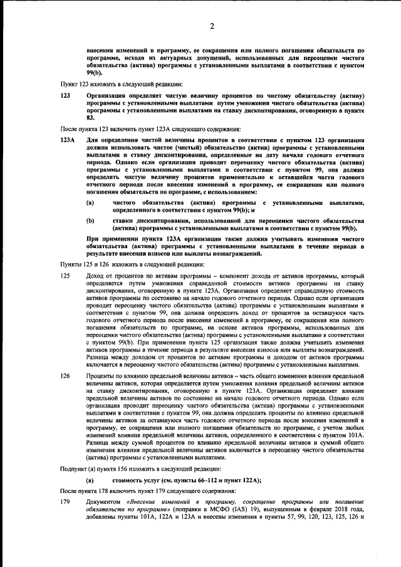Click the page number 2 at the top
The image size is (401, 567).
tap(212, 26)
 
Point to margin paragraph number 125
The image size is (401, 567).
tap(65, 275)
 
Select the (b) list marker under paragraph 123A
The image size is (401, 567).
tap(90, 221)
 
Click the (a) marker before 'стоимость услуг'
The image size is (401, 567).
tap(90, 479)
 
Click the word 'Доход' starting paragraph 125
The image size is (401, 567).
tap(96, 275)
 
